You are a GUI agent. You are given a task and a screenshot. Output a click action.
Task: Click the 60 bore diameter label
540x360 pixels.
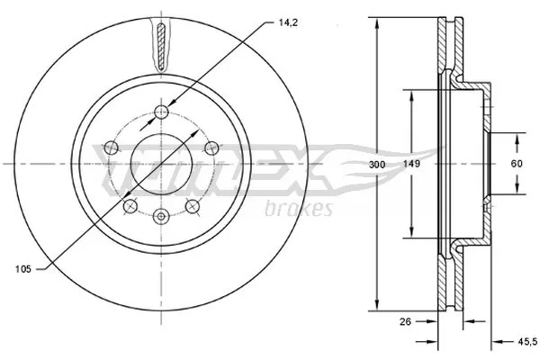pyautogui.click(x=517, y=165)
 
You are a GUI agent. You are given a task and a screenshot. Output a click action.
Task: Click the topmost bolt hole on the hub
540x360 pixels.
pyautogui.click(x=161, y=111)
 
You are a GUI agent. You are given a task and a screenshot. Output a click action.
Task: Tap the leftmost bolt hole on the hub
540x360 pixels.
pyautogui.click(x=112, y=148)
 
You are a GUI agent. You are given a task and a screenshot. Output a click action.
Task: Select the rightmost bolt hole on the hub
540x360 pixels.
pyautogui.click(x=211, y=148)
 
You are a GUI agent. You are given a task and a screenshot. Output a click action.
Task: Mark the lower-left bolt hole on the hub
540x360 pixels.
pyautogui.click(x=130, y=206)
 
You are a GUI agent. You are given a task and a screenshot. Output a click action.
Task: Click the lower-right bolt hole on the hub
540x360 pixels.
pyautogui.click(x=192, y=206)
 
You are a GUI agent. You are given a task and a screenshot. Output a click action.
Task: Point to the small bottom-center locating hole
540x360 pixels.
pyautogui.click(x=161, y=215)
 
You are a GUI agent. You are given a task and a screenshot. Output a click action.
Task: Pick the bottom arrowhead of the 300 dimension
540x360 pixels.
pyautogui.click(x=375, y=309)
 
